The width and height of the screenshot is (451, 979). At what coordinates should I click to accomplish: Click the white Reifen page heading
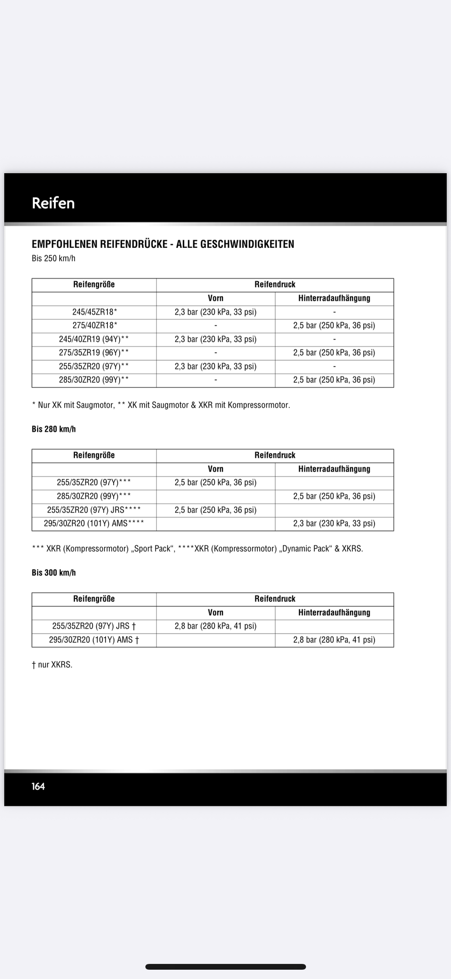point(53,203)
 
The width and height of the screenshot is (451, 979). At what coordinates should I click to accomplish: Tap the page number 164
point(38,786)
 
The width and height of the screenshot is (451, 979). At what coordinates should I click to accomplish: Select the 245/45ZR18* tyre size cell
point(95,312)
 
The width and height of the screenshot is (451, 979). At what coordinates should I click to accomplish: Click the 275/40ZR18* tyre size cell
point(95,325)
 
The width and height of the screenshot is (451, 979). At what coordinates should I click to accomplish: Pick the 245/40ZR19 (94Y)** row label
point(94,339)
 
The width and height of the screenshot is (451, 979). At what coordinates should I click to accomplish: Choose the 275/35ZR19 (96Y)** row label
point(94,353)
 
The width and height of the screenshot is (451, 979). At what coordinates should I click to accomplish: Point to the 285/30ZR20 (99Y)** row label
point(94,380)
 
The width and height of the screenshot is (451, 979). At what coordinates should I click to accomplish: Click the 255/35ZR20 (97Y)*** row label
point(94,483)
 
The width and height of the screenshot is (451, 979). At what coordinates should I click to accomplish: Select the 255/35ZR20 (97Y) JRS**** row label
point(94,510)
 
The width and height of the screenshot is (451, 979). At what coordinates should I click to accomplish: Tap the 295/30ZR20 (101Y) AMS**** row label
point(94,524)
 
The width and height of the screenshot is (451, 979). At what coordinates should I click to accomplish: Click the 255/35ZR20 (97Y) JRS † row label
point(94,626)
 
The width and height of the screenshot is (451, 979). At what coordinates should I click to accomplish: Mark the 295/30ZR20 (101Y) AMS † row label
point(94,640)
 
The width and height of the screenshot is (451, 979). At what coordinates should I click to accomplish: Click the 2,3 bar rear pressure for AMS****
point(334,524)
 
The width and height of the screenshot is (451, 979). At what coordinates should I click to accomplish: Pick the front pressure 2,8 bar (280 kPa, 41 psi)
point(216,626)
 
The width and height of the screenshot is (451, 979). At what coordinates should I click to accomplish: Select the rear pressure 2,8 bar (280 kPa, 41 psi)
point(334,640)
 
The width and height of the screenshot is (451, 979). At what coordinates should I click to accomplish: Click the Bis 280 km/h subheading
point(54,429)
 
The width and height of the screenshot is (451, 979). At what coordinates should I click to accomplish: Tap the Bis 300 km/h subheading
point(54,573)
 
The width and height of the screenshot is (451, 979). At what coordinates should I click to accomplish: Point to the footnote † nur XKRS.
point(52,665)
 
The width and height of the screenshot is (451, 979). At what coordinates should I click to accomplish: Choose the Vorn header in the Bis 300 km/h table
point(216,612)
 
